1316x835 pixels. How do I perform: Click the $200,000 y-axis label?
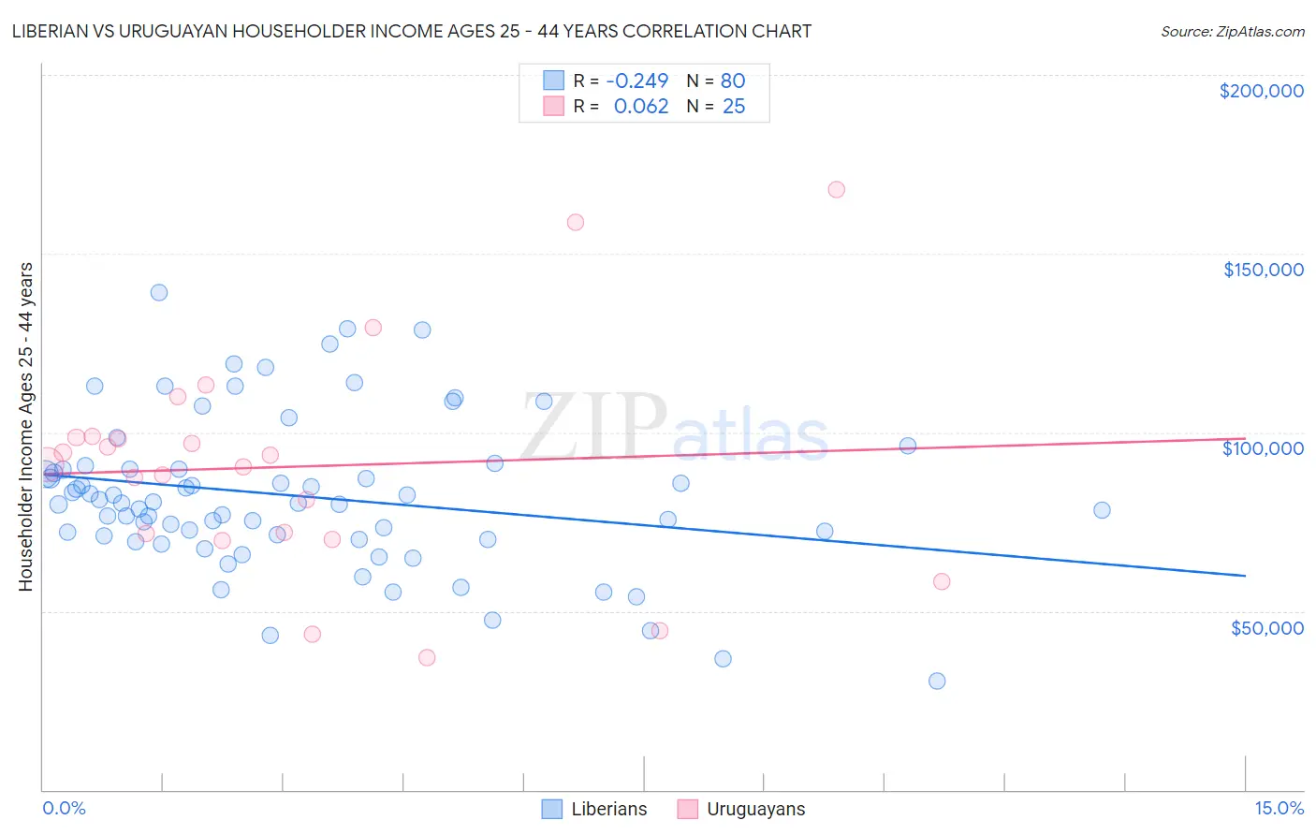pyautogui.click(x=1261, y=91)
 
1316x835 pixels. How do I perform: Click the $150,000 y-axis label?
pyautogui.click(x=1263, y=270)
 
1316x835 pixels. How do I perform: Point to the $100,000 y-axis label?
pyautogui.click(x=1263, y=448)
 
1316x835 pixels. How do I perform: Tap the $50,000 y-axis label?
pyautogui.click(x=1266, y=628)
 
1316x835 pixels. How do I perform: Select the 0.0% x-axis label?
pyautogui.click(x=64, y=809)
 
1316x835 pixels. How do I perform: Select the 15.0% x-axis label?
pyautogui.click(x=1279, y=809)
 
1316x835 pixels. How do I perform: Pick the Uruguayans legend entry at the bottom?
pyautogui.click(x=740, y=809)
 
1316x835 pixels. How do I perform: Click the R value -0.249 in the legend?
pyautogui.click(x=637, y=81)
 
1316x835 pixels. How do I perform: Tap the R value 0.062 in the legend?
pyautogui.click(x=641, y=107)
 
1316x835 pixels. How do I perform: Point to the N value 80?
pyautogui.click(x=733, y=81)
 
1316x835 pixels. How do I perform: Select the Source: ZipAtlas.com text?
pyautogui.click(x=1232, y=31)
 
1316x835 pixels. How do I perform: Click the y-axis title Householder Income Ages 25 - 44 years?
pyautogui.click(x=26, y=427)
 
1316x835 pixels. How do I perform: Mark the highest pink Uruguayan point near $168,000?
pyautogui.click(x=837, y=189)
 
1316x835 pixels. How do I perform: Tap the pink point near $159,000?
pyautogui.click(x=576, y=222)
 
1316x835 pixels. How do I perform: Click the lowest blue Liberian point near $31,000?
pyautogui.click(x=937, y=681)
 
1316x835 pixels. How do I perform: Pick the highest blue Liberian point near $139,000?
pyautogui.click(x=159, y=292)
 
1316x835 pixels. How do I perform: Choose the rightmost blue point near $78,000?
pyautogui.click(x=1102, y=510)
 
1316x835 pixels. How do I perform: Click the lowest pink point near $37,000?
pyautogui.click(x=427, y=657)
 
